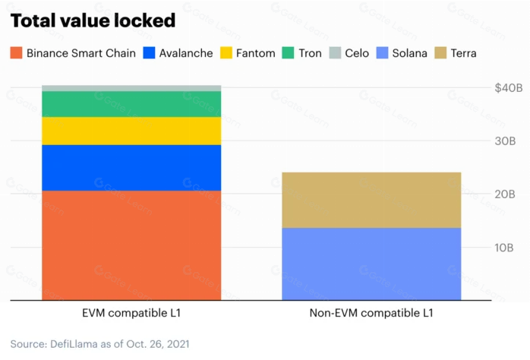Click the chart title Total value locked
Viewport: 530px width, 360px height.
93,21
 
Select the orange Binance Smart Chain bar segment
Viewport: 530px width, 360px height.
131,245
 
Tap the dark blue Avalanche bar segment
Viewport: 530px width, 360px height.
131,167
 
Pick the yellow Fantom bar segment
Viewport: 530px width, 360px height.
131,131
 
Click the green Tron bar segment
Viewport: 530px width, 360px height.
131,103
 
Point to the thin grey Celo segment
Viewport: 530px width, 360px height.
131,88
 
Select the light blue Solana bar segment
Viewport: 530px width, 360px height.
371,264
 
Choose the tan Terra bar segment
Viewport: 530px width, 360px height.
371,200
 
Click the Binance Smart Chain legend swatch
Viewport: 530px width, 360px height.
16,53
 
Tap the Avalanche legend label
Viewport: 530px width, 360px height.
186,53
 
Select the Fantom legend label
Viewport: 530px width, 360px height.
255,53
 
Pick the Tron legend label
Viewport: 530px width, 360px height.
310,53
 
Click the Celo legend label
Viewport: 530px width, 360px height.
357,53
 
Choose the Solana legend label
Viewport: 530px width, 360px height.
409,53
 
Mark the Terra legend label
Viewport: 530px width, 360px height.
463,53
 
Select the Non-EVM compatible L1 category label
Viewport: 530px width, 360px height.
371,313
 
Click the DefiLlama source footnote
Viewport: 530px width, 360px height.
99,343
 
